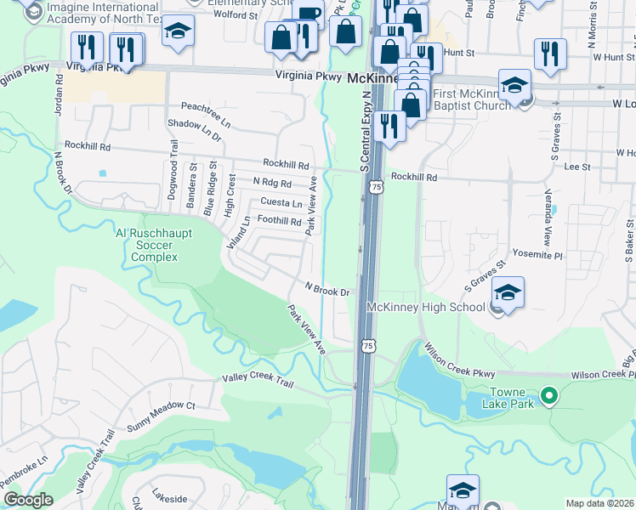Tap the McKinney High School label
tap(426, 307)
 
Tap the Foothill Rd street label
tap(280, 221)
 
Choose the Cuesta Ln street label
tap(281, 203)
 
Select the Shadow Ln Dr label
tap(195, 130)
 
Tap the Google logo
tap(28, 500)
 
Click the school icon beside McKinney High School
tap(508, 293)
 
